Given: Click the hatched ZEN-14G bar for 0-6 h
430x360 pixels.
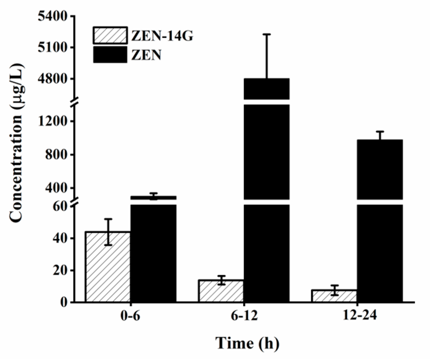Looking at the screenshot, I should click(108, 267).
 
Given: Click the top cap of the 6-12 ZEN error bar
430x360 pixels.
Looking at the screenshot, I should click(267, 35).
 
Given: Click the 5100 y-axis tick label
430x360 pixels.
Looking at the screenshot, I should click(53, 48).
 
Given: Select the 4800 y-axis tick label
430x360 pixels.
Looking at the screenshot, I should click(53, 79).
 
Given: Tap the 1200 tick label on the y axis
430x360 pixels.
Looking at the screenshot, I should click(53, 122).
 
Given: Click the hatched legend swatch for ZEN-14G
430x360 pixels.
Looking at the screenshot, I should click(110, 35).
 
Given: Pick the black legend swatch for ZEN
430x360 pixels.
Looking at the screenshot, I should click(110, 55).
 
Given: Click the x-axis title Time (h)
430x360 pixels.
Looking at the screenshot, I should click(247, 344).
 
